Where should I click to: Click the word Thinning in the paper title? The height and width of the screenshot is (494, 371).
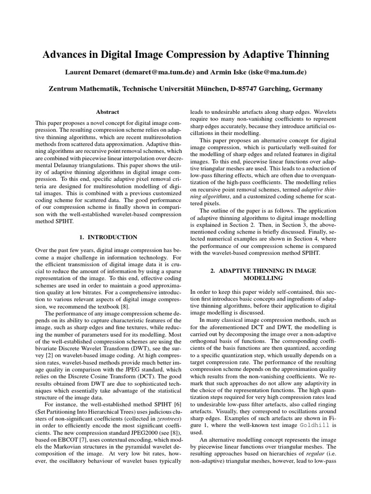tap(305, 55)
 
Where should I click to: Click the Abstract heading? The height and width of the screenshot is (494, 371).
tap(108, 111)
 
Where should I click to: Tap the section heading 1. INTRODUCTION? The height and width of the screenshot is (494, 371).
tap(108, 237)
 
